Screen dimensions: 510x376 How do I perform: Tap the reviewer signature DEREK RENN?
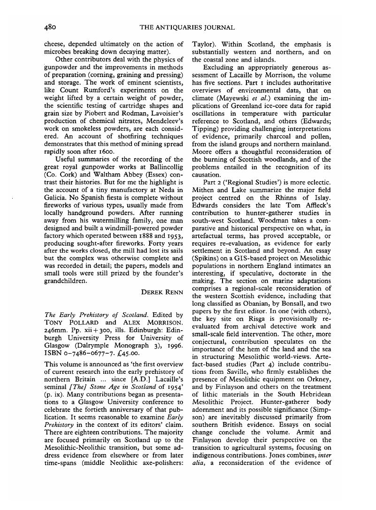(x=162, y=292)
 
